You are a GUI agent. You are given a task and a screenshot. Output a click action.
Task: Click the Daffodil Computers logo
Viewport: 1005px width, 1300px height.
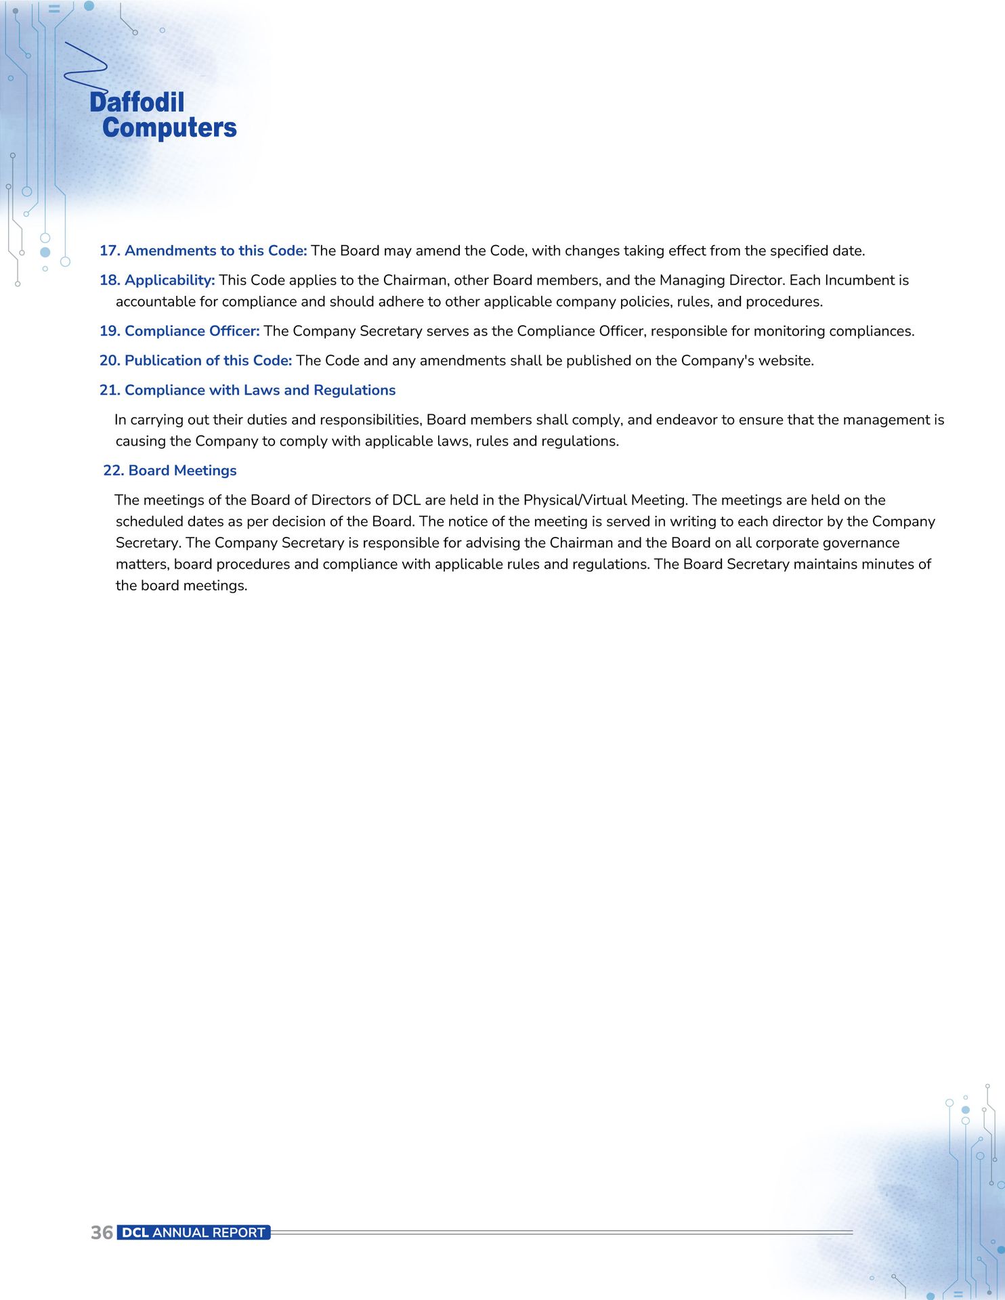click(163, 115)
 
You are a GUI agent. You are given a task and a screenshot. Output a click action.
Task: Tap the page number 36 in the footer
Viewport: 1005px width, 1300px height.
click(102, 1232)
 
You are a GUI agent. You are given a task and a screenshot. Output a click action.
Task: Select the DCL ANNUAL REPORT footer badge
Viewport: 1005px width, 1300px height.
click(194, 1232)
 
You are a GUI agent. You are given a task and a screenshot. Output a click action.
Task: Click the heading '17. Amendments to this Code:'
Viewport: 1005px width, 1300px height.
click(203, 251)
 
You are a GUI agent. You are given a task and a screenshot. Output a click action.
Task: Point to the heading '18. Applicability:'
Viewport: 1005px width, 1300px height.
click(157, 280)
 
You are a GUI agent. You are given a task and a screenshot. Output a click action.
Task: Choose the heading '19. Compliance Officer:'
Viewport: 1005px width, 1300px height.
click(179, 330)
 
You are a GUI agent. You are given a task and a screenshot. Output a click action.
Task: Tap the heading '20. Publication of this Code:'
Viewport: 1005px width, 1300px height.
click(196, 360)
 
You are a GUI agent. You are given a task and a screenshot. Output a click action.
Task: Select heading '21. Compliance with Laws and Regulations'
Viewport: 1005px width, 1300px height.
click(247, 390)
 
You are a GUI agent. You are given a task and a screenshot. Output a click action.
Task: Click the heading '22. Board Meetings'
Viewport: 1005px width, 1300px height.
click(169, 471)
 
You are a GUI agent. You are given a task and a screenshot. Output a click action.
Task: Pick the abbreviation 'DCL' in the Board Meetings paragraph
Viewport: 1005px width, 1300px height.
click(406, 500)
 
